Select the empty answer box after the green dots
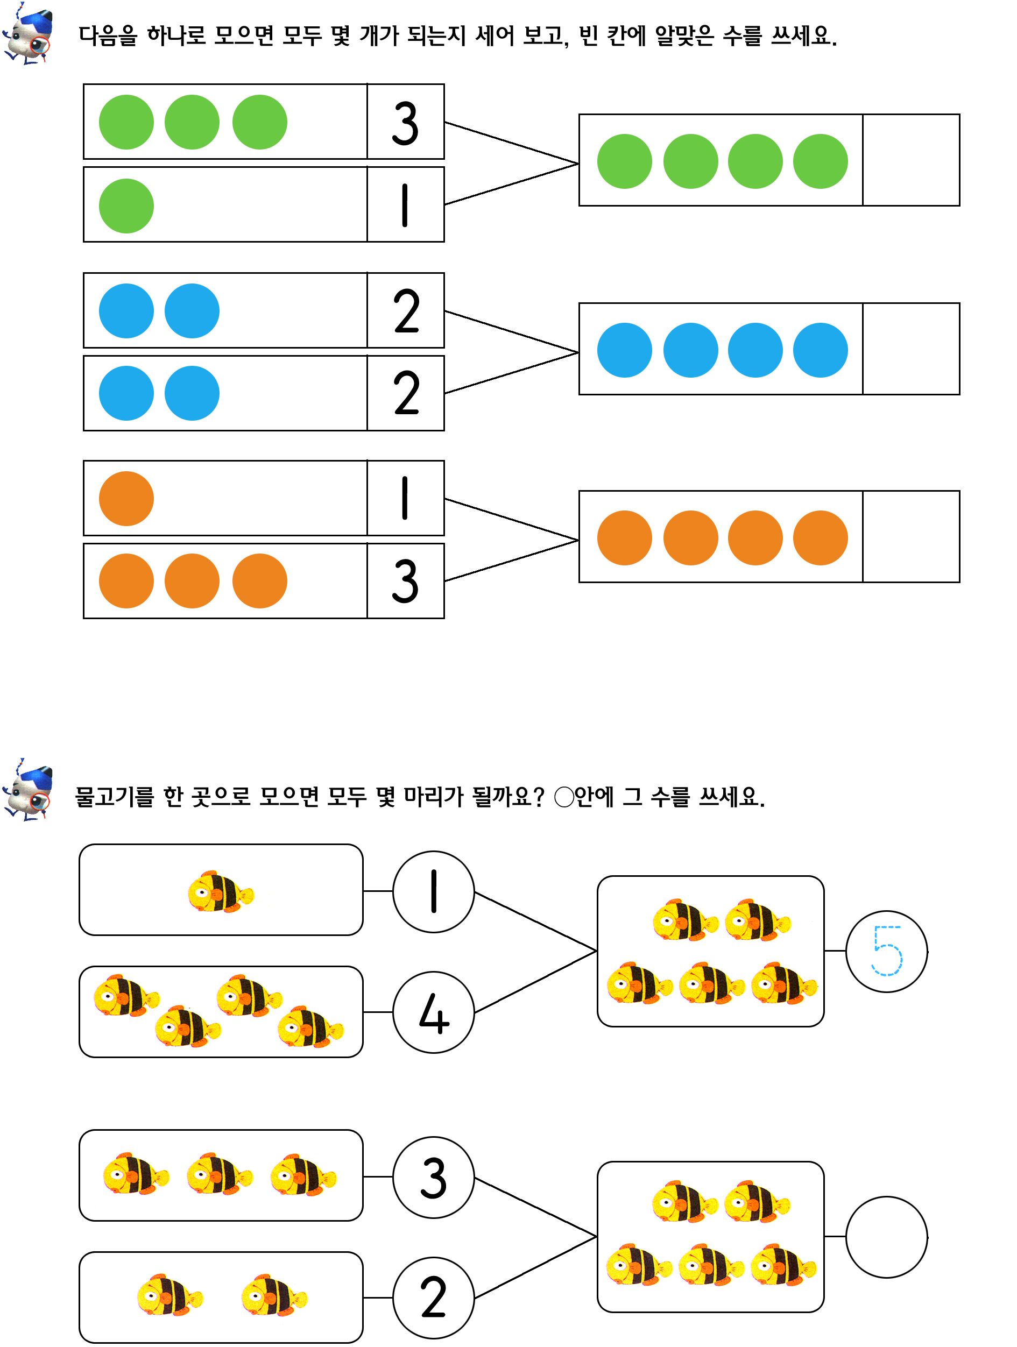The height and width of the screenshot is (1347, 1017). [x=911, y=160]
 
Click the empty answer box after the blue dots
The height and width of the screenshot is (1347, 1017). [x=911, y=349]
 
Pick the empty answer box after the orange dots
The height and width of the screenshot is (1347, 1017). [x=911, y=536]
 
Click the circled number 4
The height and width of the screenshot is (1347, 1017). [x=434, y=1012]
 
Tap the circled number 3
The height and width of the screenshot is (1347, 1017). [x=434, y=1178]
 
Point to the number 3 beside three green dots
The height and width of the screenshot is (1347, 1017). [x=405, y=123]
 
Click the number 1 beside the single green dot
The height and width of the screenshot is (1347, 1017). [x=405, y=205]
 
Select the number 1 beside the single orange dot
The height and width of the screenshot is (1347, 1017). [x=405, y=498]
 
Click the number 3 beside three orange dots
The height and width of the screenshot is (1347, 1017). [x=405, y=581]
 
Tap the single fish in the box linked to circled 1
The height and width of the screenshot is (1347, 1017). [x=221, y=891]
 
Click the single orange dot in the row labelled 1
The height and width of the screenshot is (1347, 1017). [x=126, y=498]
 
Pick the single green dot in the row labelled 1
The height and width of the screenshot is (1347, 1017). [x=126, y=206]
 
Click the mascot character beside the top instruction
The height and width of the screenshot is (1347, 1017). [x=29, y=33]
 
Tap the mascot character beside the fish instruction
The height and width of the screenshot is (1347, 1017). [x=29, y=790]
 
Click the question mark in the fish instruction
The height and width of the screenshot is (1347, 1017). [x=538, y=797]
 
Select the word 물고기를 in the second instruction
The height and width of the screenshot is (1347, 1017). [x=115, y=797]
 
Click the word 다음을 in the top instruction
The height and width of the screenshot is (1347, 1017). [x=108, y=36]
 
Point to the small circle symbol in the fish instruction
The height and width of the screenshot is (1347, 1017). [x=564, y=797]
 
